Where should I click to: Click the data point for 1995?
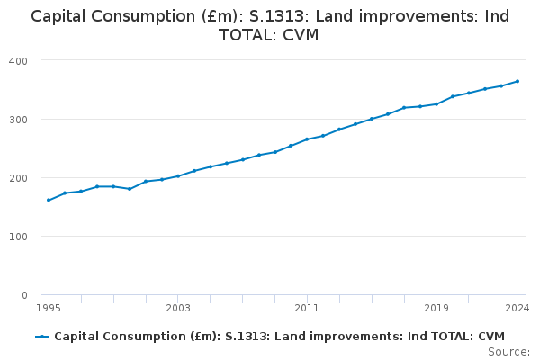click(49, 200)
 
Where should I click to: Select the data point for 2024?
click(517, 81)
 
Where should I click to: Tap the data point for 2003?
click(178, 175)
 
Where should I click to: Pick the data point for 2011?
click(307, 139)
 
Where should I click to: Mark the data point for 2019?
click(436, 103)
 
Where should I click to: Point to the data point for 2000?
click(130, 189)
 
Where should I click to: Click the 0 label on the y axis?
click(24, 295)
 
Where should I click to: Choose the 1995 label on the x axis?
click(49, 308)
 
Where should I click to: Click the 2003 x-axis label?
click(178, 308)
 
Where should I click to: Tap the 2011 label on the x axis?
click(307, 308)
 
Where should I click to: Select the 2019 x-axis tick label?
click(436, 308)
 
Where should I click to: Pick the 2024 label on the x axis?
click(517, 308)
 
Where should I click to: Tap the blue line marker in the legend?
click(41, 337)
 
